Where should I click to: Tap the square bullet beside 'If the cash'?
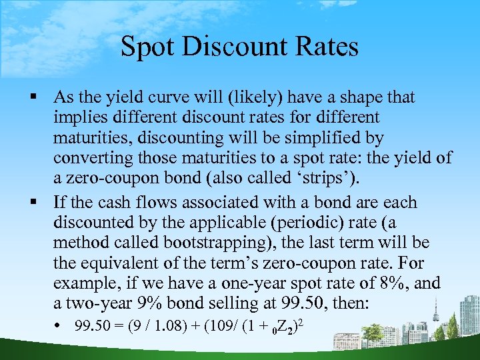click(43, 203)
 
